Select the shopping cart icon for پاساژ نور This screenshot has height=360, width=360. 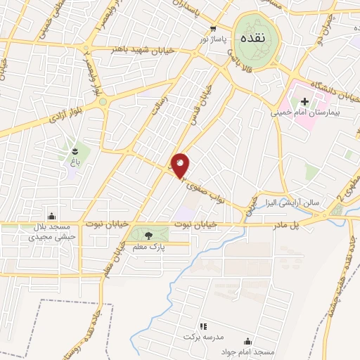213,29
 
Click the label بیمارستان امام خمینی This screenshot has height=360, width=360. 307,111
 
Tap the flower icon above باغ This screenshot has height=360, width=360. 72,150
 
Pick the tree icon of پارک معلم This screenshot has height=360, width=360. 149,233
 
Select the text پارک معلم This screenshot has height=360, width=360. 148,245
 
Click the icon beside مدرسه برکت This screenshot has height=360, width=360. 203,326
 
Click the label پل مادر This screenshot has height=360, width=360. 308,224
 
